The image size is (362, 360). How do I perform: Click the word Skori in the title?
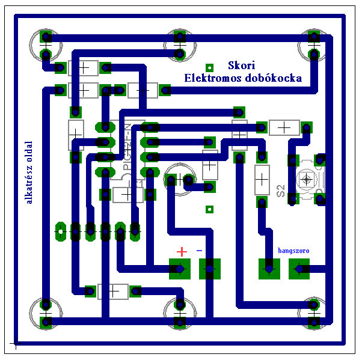coord(242,66)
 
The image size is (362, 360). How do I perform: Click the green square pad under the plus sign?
coord(179,269)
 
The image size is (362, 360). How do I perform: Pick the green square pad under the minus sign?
coord(210,269)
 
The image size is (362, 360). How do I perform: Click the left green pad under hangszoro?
coord(269,269)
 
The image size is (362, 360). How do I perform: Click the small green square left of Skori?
coord(209,67)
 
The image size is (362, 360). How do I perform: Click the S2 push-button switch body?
coord(307,179)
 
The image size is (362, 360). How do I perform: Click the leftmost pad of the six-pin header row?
coord(61,230)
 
